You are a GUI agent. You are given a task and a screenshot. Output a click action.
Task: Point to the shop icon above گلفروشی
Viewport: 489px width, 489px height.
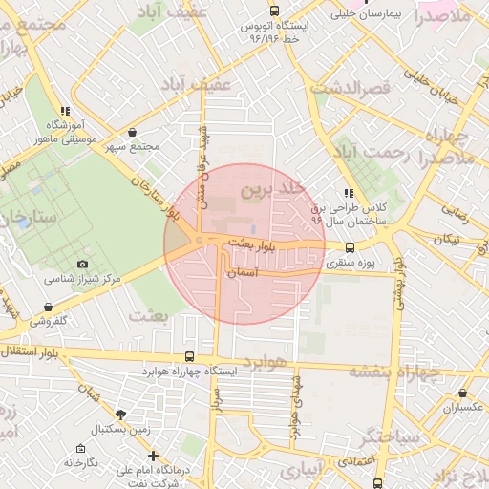point(48,307)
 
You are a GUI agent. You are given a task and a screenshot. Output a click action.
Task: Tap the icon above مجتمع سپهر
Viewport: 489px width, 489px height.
point(132,133)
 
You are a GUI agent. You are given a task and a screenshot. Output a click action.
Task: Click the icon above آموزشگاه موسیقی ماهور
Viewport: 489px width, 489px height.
point(64,111)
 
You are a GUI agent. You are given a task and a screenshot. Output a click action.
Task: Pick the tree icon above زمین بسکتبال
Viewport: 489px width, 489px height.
point(119,415)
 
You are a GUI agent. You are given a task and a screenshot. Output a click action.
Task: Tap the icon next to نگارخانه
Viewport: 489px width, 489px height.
point(79,447)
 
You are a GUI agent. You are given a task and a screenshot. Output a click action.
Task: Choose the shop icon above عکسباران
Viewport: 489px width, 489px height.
point(463,393)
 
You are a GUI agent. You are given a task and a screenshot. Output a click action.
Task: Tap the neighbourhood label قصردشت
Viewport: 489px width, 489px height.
point(352,88)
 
